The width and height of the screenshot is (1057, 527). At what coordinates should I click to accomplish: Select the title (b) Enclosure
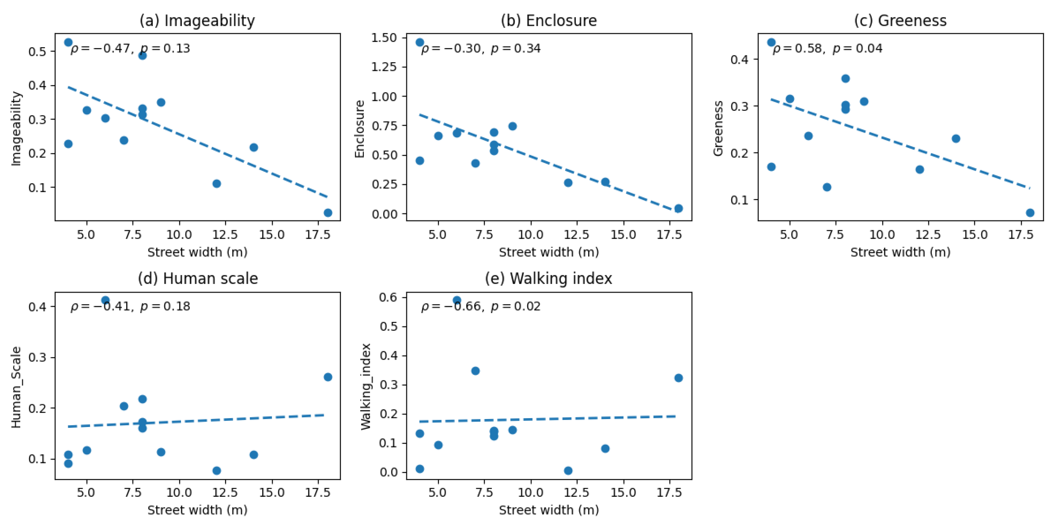[549, 21]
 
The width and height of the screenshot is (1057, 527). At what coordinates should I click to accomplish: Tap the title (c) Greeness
[900, 21]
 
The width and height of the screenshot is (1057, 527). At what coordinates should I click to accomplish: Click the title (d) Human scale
[198, 279]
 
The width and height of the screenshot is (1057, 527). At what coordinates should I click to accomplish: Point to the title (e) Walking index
[549, 279]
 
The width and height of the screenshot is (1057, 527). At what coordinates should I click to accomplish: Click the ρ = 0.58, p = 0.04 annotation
[827, 48]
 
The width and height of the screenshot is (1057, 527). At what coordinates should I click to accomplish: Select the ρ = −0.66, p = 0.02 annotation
[480, 306]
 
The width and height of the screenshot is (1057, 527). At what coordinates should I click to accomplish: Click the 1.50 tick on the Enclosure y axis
[384, 38]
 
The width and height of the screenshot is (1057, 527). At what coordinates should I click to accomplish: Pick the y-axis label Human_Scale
[16, 387]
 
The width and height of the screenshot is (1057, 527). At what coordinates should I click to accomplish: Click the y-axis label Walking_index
[366, 387]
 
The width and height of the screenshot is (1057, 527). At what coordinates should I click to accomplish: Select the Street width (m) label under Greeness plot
[900, 252]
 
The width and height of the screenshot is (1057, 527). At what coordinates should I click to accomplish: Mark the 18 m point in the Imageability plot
[328, 213]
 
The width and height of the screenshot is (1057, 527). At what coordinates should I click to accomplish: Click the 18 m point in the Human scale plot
[328, 377]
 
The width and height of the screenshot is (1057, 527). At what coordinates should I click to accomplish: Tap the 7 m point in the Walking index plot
[475, 371]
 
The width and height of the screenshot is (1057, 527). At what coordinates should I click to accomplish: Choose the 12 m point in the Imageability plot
[217, 183]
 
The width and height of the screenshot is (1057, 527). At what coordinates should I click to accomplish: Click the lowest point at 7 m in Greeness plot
[827, 187]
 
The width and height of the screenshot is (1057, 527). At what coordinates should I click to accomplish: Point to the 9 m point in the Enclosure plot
[512, 126]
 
